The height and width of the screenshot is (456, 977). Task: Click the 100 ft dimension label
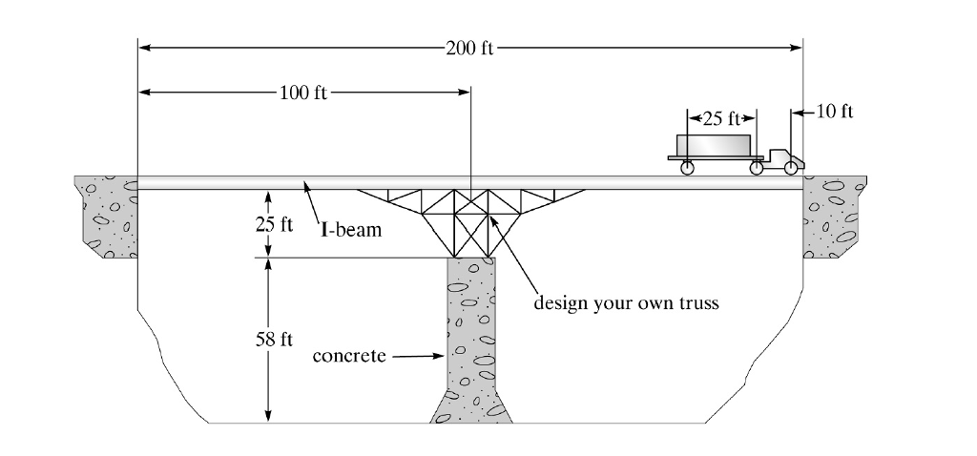point(302,93)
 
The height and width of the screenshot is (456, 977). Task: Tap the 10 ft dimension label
point(836,113)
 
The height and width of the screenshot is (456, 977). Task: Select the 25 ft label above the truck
point(721,119)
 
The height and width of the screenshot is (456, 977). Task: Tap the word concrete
point(349,357)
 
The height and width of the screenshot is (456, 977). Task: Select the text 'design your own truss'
point(626,303)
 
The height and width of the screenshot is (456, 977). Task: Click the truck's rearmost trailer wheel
point(686,169)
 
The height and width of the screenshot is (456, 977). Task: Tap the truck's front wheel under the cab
point(791,169)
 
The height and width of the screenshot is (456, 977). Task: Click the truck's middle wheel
point(757,169)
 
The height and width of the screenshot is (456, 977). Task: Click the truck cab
point(784,156)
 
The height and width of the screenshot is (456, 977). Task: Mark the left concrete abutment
point(106,218)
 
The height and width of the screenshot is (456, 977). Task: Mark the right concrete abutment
point(833,218)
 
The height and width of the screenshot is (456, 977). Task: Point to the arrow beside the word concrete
point(416,358)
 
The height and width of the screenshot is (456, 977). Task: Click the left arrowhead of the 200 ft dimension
point(145,45)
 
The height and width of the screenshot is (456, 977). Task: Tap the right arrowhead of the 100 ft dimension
point(465,93)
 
